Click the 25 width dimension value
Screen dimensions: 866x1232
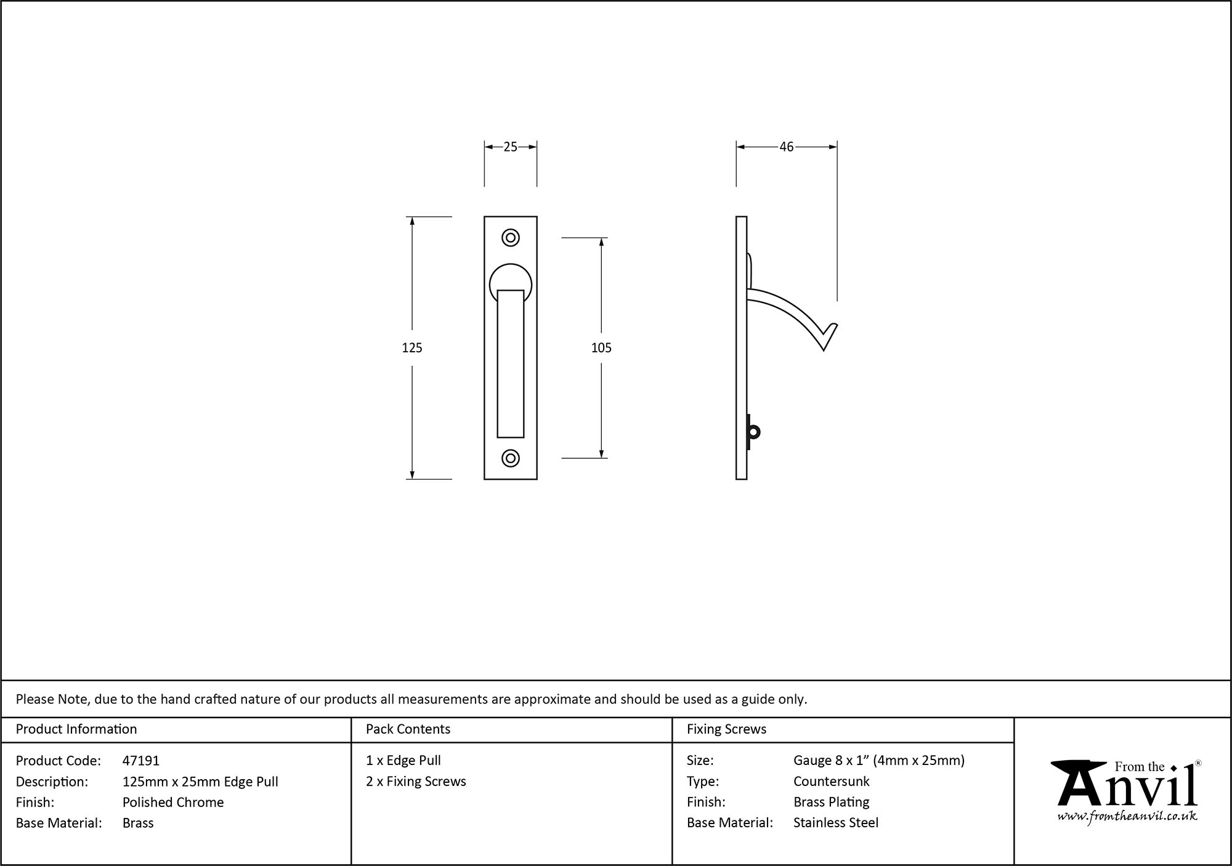(x=510, y=147)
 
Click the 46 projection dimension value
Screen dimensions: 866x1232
(x=786, y=147)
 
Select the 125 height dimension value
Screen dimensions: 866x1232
(x=411, y=348)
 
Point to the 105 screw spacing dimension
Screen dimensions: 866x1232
(x=601, y=348)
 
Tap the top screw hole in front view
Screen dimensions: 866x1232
(x=510, y=238)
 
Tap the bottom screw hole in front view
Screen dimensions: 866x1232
(x=510, y=458)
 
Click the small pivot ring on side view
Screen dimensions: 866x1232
(x=755, y=432)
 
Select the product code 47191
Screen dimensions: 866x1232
(x=140, y=761)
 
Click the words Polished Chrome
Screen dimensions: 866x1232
(x=172, y=802)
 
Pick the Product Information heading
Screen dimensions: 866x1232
(x=76, y=729)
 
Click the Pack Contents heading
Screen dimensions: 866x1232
(x=408, y=729)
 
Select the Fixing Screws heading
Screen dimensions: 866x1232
(x=726, y=729)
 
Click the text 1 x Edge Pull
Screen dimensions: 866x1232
(x=403, y=761)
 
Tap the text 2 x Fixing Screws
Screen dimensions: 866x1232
(x=416, y=781)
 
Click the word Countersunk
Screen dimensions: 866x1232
(x=831, y=781)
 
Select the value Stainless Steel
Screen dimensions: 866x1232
(x=835, y=822)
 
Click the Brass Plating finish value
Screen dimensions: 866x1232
(x=831, y=802)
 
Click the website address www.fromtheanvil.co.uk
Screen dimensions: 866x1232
(x=1127, y=817)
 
